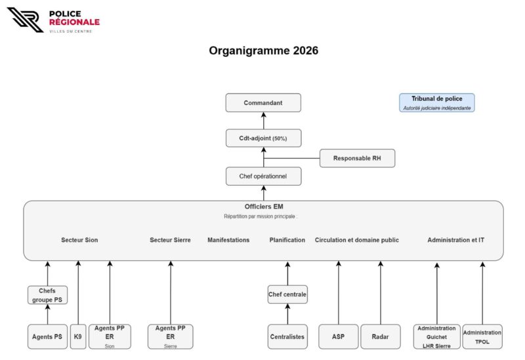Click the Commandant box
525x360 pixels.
pos(263,103)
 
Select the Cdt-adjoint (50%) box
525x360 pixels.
pos(263,138)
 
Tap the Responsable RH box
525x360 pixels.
pos(357,158)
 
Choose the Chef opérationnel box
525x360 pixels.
pos(263,176)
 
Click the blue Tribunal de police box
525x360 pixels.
pos(436,103)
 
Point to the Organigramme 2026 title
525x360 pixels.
pos(263,50)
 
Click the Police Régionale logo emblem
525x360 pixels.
pos(25,20)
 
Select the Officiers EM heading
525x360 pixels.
pos(263,207)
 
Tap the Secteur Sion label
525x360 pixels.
pos(79,240)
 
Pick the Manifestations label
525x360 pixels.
pos(228,240)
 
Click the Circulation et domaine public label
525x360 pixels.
pos(356,240)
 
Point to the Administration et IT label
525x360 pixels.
pos(455,240)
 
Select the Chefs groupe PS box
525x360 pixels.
pos(47,295)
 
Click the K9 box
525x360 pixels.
pos(78,336)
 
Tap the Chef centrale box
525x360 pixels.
pos(287,294)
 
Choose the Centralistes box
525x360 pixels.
pos(287,336)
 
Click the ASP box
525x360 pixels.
pos(338,336)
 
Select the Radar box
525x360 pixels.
pos(380,336)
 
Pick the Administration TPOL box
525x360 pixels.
pos(482,336)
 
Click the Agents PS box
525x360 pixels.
pos(47,336)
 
